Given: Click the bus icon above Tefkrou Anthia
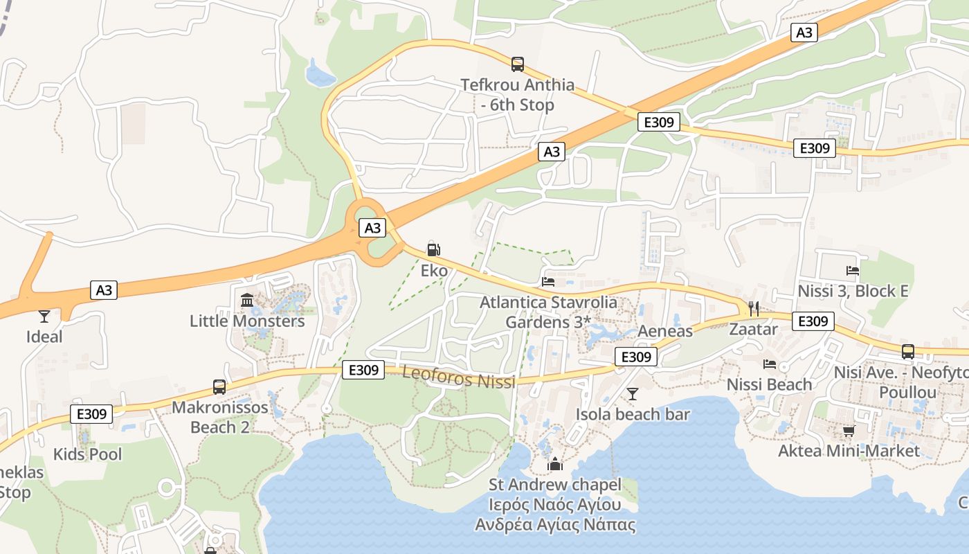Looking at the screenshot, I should (517, 64).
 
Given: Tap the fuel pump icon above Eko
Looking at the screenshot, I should (434, 250).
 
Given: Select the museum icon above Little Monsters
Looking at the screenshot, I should (247, 301).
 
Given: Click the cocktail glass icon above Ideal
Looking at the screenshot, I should (44, 316).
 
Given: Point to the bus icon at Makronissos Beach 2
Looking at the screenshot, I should (219, 387).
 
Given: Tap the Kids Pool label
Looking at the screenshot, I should (87, 454).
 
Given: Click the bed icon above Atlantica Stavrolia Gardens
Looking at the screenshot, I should (548, 282).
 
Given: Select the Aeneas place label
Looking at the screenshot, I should (664, 331).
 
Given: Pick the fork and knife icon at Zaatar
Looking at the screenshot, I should (754, 309).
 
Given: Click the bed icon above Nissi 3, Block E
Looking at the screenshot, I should (853, 271).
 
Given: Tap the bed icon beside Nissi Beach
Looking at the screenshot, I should (770, 364).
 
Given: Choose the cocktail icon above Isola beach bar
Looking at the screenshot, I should (633, 394).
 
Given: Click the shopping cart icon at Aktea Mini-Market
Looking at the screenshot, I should (849, 431).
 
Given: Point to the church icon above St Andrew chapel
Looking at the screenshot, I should (555, 464).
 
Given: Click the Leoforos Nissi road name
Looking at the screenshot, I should (459, 378).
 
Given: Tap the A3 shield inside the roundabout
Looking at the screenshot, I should (372, 228).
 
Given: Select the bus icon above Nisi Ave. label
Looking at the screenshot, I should (908, 352).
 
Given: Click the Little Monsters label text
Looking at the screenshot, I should (247, 321).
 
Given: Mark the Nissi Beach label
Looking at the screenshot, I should (769, 384).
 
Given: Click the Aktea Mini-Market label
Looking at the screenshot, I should (849, 451).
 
